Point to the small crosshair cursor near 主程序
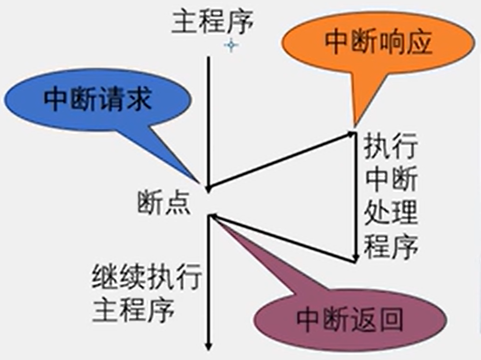pyautogui.click(x=231, y=45)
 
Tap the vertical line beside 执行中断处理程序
pyautogui.click(x=356, y=197)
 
